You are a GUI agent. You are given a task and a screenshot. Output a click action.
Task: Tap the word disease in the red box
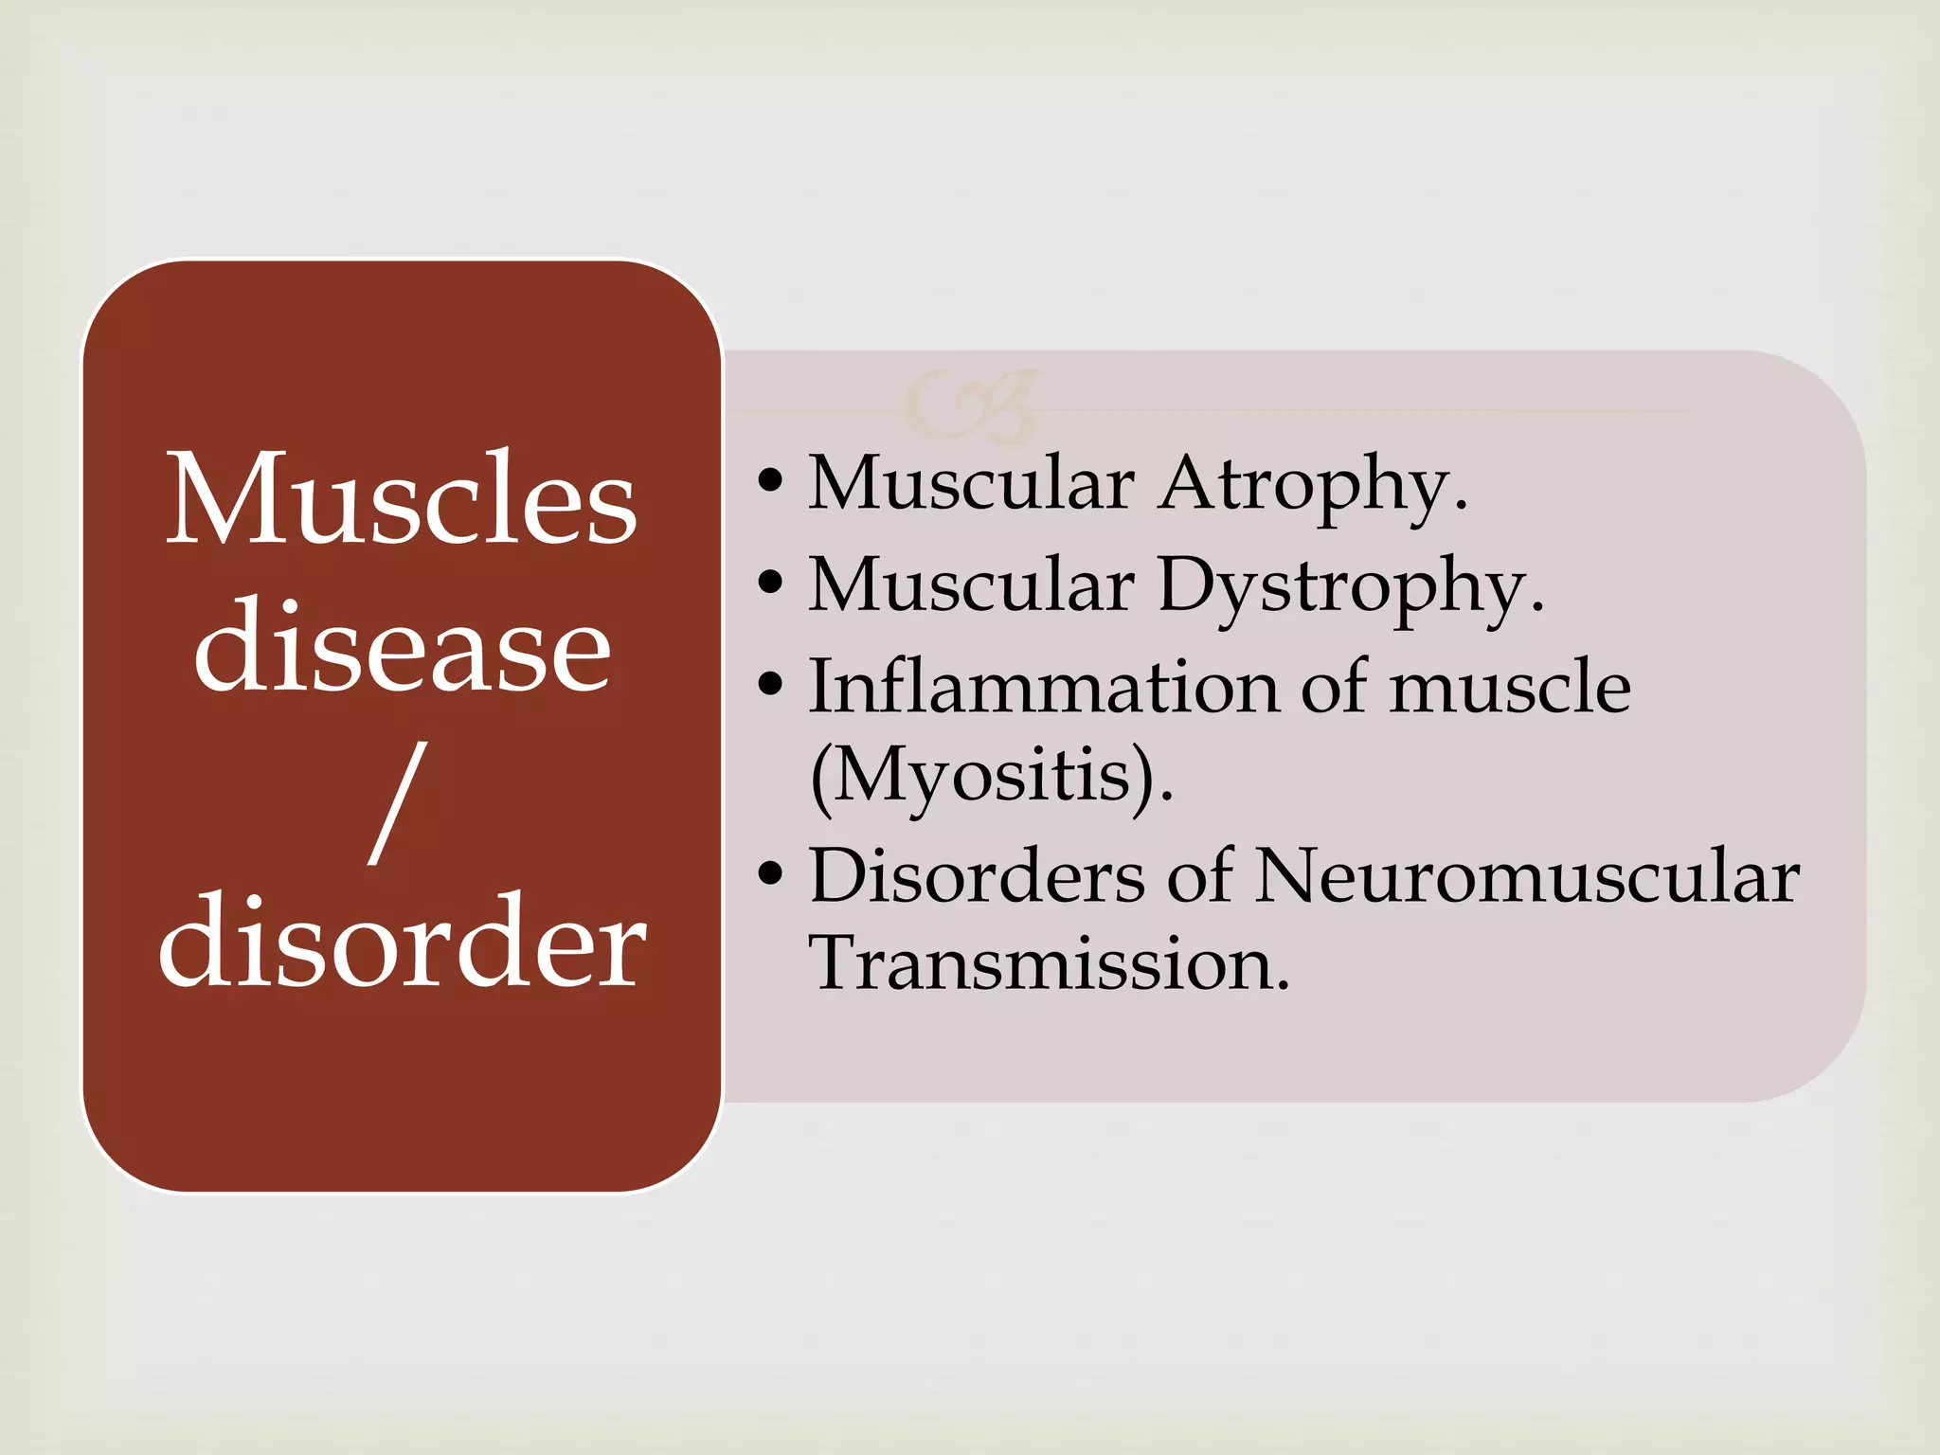pos(402,648)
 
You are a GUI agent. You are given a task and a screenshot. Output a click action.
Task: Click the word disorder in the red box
pos(402,942)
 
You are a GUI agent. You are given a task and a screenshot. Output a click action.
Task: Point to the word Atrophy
pos(1313,486)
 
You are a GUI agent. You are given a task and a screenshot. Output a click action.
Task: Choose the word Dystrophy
pos(1349,587)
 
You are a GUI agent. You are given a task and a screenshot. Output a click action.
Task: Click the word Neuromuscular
pos(1526,876)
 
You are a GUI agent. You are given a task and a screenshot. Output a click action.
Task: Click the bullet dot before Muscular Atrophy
pos(771,481)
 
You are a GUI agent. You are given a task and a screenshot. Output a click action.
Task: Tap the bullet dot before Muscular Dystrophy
pos(771,582)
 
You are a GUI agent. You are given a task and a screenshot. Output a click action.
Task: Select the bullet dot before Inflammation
pos(771,684)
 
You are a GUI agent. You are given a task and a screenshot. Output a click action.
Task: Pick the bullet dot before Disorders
pos(771,873)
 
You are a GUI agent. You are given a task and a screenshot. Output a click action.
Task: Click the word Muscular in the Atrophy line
pos(970,484)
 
